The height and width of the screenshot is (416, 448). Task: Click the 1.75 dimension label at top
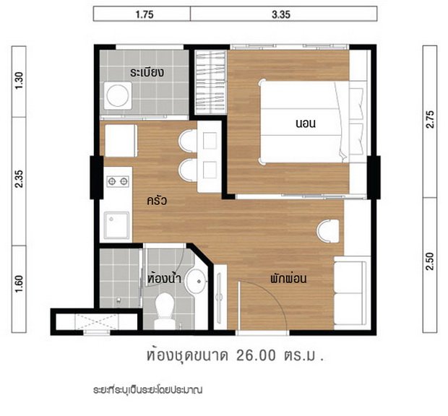pos(145,14)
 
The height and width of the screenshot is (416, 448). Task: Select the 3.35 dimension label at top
pos(281,14)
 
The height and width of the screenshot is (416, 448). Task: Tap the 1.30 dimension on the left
pos(19,81)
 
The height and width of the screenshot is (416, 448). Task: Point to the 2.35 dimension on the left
pos(19,178)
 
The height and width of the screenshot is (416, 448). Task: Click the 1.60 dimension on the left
pos(19,284)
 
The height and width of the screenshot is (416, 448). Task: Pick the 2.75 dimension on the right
pos(430,119)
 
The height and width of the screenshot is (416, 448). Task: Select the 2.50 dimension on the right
pos(430,261)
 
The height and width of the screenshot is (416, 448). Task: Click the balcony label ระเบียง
pos(147,72)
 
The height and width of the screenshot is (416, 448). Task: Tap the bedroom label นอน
pos(306,123)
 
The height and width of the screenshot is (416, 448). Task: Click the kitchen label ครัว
pos(157,201)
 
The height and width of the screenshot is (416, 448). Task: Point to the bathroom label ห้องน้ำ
pos(164,278)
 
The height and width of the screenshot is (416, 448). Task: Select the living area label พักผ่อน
pos(288,278)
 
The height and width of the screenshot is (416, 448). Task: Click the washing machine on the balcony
pos(118,95)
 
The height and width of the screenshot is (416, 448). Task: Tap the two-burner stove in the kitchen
pos(118,181)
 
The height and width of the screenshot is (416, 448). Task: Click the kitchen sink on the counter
pos(116,225)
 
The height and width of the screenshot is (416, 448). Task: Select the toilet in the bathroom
pos(165,311)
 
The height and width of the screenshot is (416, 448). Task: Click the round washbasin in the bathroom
pos(196,281)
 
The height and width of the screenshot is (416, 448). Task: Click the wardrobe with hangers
pos(210,82)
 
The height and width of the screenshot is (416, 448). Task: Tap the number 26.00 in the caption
pos(257,355)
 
